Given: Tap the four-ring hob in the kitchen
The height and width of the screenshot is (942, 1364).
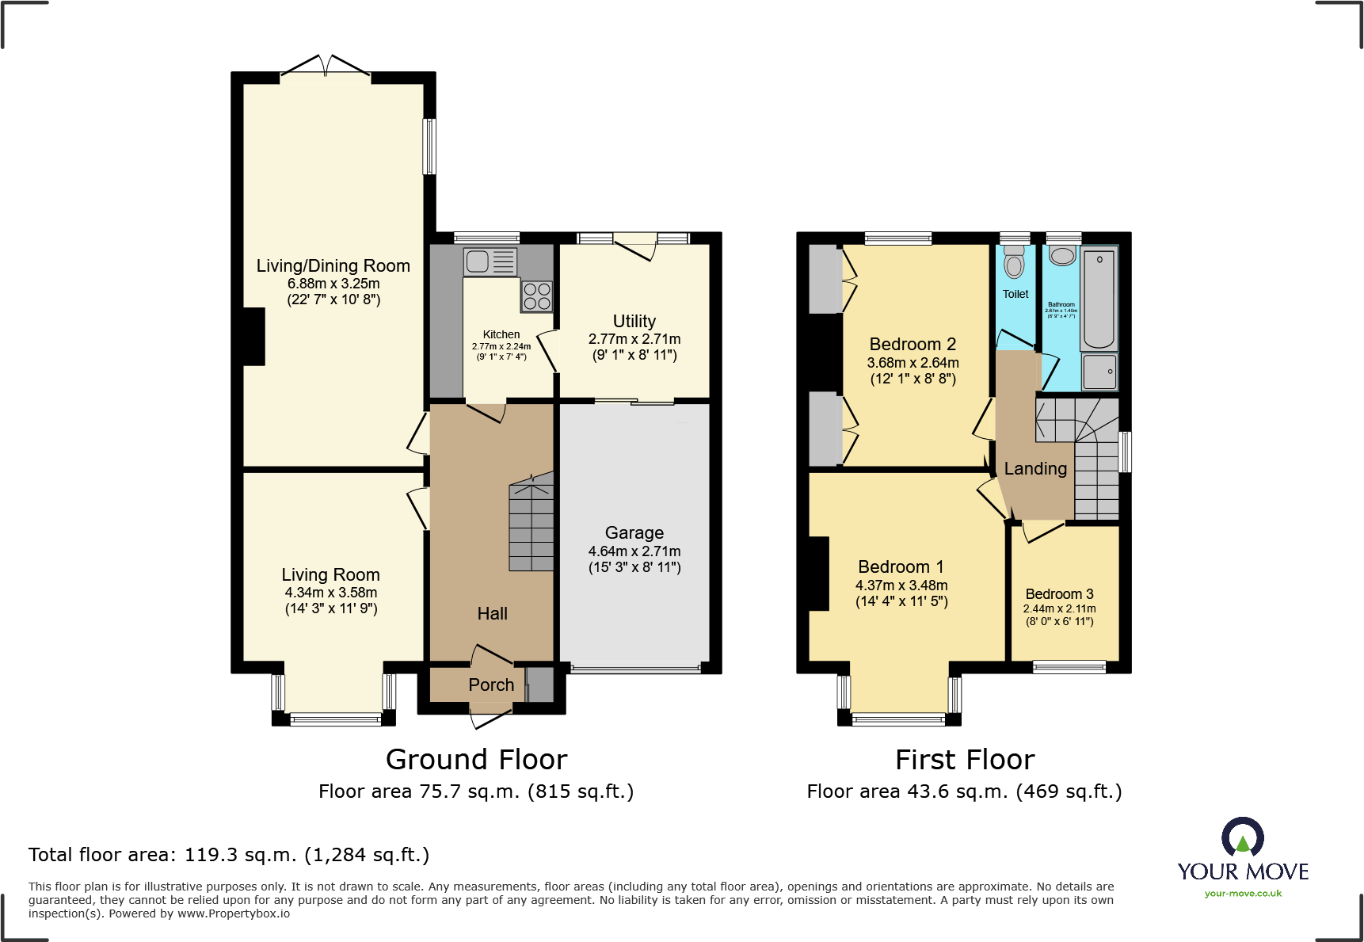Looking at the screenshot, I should pos(536,296).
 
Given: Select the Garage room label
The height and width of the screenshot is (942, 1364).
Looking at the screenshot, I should pos(634,533).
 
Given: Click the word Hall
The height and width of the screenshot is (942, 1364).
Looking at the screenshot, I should pos(492,613).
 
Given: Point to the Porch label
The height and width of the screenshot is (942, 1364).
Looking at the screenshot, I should pos(491,685).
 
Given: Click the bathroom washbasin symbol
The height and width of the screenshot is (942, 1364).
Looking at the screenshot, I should pos(1062,256).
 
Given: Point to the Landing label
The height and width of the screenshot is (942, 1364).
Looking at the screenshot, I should pos(1035,469).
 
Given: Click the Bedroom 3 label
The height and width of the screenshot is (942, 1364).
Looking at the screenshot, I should pos(1059,594).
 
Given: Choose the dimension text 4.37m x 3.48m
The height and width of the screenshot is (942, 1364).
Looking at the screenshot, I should pos(901,585).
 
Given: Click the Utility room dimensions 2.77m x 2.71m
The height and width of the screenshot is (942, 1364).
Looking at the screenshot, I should pos(634,339).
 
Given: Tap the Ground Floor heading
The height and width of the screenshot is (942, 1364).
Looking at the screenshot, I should pos(476,760).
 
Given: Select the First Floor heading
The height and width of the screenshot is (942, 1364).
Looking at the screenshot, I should pos(964,760).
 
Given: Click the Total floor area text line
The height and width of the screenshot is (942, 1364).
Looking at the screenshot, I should pos(229,855).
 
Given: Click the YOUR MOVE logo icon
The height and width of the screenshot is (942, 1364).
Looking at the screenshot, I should pos(1242,837).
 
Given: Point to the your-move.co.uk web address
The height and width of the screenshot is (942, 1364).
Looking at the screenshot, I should pos(1242,894).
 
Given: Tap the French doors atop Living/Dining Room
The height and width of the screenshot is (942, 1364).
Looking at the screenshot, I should pos(326,69).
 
